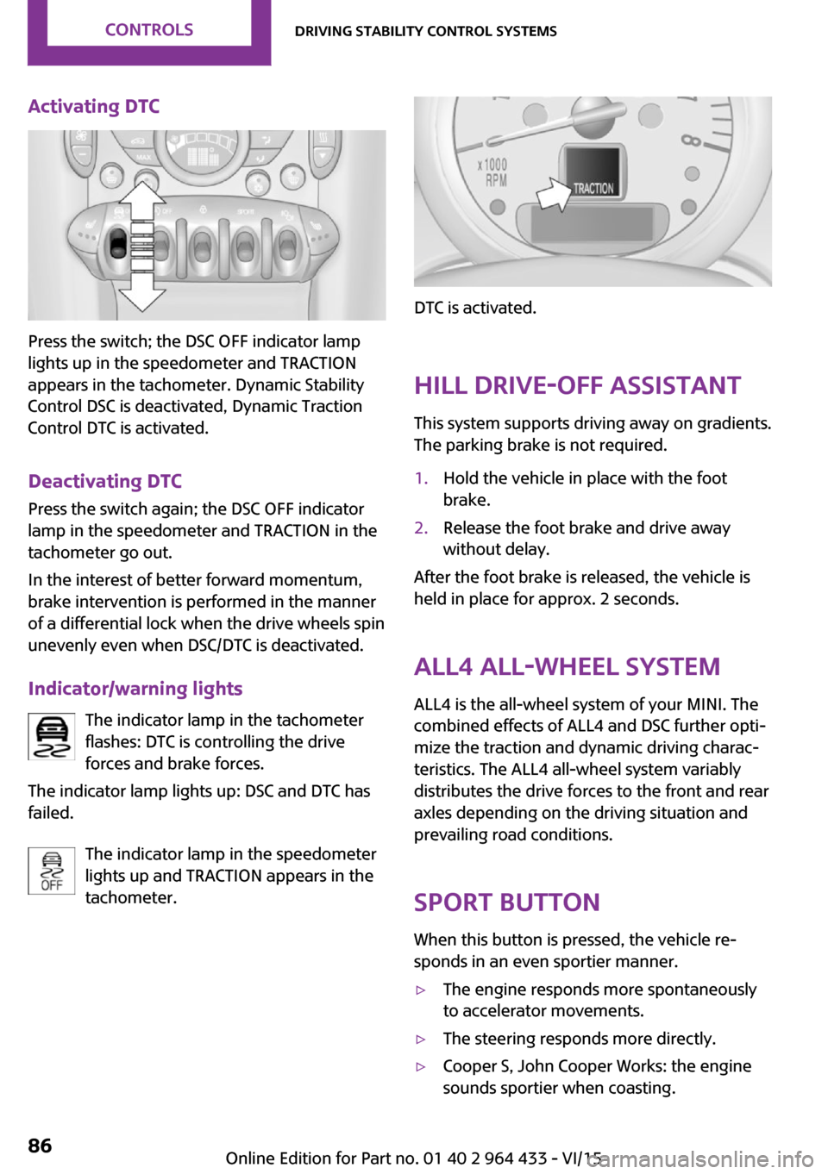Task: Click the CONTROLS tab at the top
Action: tap(149, 30)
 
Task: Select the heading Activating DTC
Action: tap(94, 106)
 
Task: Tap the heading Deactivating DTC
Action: tap(105, 481)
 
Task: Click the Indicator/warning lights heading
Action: tap(135, 689)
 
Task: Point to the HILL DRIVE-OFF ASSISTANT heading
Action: tap(577, 385)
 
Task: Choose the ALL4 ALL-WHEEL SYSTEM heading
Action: tap(567, 666)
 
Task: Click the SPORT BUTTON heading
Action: tap(506, 902)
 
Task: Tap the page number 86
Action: tap(40, 1146)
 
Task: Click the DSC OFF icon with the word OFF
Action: tap(52, 871)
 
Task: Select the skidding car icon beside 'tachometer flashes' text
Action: tap(52, 737)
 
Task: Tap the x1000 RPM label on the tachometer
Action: tap(494, 172)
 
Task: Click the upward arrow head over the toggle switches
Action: tap(141, 197)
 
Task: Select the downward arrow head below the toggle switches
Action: tap(141, 296)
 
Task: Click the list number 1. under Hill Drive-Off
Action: tap(421, 478)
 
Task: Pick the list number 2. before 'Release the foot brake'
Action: tap(421, 528)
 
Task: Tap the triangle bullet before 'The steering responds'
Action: tap(421, 1040)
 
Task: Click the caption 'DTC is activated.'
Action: tap(475, 308)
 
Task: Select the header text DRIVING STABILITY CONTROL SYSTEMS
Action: tap(426, 31)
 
